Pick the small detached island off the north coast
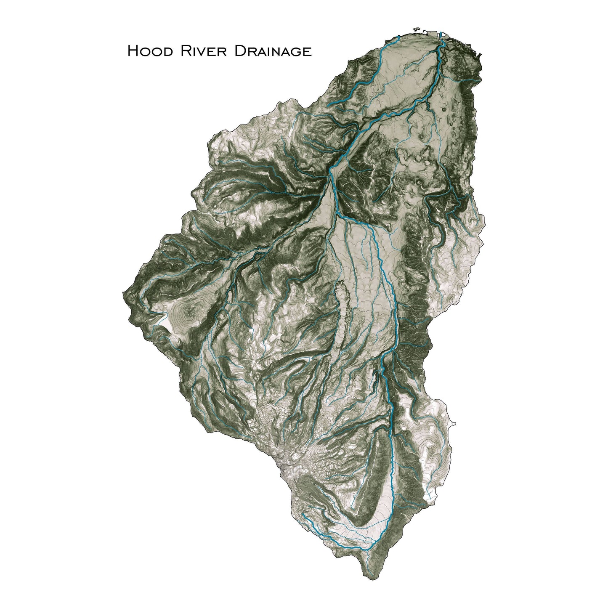tap(417, 29)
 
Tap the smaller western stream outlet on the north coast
tap(398, 37)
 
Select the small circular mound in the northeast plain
tap(445, 109)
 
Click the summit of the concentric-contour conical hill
tap(186, 313)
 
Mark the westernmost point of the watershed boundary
tap(122, 291)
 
